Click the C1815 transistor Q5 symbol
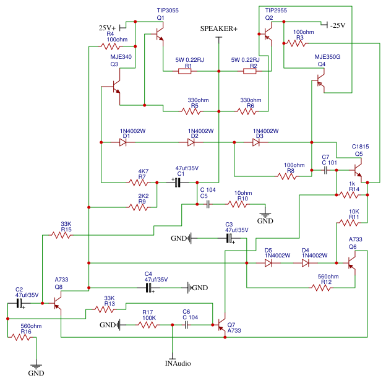coord(358,168)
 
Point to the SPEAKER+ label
coord(218,29)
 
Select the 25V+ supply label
coord(108,28)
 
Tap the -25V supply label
coord(337,25)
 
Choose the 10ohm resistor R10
coord(239,204)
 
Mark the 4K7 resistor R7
coord(138,182)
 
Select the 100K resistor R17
coord(148,325)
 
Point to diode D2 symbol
coord(192,142)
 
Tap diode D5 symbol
coord(268,262)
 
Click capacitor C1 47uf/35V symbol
coord(179,182)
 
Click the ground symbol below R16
coord(36,366)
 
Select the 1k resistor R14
coord(350,196)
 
